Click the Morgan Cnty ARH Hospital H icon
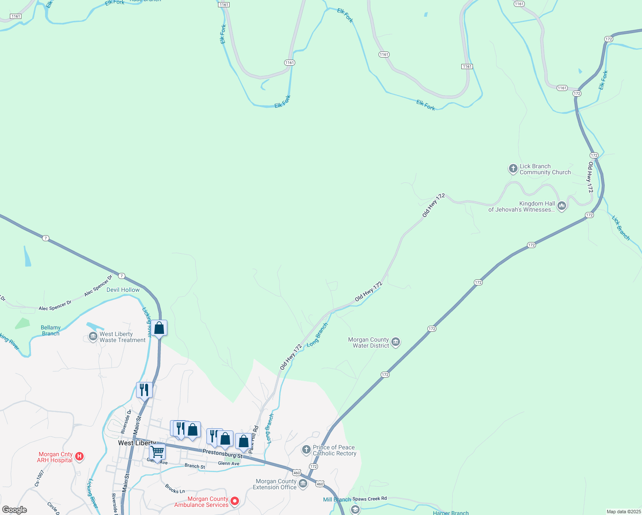pyautogui.click(x=79, y=457)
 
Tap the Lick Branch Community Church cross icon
pyautogui.click(x=513, y=169)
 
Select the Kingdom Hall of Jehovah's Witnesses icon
pyautogui.click(x=562, y=206)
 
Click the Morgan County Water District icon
pyautogui.click(x=396, y=342)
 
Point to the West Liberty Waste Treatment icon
pyautogui.click(x=93, y=337)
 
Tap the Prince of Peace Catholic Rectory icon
pyautogui.click(x=306, y=450)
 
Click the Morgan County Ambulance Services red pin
pyautogui.click(x=235, y=501)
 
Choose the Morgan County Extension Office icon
pyautogui.click(x=303, y=484)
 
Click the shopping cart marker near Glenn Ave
pyautogui.click(x=157, y=451)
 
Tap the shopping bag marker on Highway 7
pyautogui.click(x=159, y=328)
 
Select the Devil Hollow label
pyautogui.click(x=123, y=290)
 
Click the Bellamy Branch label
pyautogui.click(x=51, y=330)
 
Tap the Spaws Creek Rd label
pyautogui.click(x=369, y=499)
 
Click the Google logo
pyautogui.click(x=15, y=510)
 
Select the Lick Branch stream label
pyautogui.click(x=621, y=227)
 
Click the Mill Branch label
pyautogui.click(x=337, y=500)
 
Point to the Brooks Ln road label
pyautogui.click(x=175, y=489)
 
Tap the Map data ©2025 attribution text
pyautogui.click(x=622, y=512)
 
